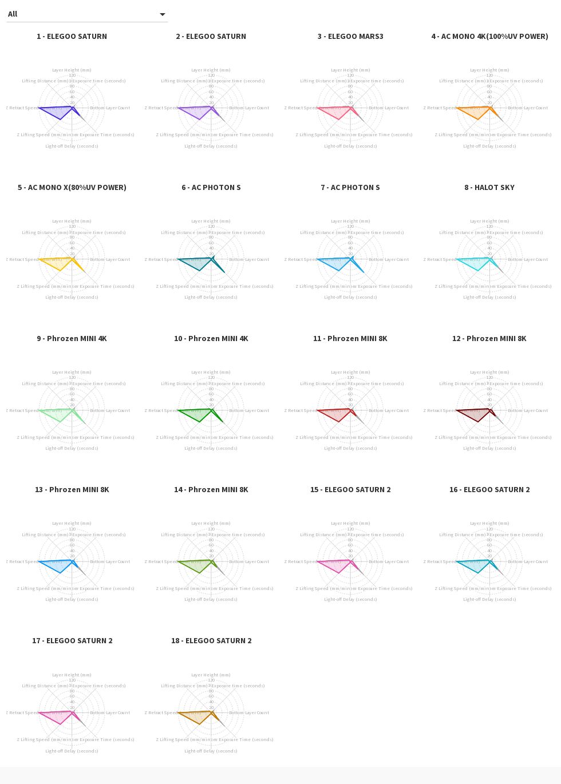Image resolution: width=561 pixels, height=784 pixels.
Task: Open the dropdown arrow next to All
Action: coord(163,14)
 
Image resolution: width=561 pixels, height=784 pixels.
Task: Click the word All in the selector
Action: coord(13,14)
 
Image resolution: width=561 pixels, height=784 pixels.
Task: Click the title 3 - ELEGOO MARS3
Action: coord(350,37)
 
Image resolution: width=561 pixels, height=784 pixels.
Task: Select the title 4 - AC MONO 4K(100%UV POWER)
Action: coord(489,37)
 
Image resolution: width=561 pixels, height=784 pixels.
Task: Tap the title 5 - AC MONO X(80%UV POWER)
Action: coord(72,188)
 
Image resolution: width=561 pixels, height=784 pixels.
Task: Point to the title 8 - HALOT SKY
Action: coord(489,188)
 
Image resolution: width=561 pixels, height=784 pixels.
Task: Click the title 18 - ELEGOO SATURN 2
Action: coord(211,641)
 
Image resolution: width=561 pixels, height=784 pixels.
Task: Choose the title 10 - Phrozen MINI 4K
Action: coord(211,339)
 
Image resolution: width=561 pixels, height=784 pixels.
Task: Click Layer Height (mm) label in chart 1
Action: coord(72,70)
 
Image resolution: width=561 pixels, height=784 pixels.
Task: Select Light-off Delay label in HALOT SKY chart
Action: coord(489,298)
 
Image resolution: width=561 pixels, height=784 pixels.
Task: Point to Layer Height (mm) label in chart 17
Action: coord(72,675)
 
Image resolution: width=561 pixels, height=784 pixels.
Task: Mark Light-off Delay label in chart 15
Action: coord(350,600)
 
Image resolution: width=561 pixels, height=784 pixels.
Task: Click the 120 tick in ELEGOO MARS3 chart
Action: coord(350,76)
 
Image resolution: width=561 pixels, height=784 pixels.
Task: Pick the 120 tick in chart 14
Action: coord(211,529)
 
